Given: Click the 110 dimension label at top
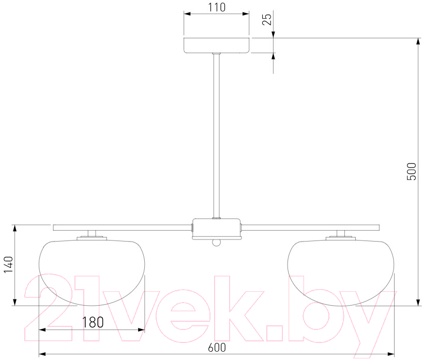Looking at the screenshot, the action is click(217, 7).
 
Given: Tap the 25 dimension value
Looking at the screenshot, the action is click(267, 19).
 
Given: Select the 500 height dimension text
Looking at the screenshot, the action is click(411, 172).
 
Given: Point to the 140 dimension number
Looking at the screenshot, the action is click(8, 264).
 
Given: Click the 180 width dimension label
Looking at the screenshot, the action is click(93, 322).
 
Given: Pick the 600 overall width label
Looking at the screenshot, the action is click(217, 348).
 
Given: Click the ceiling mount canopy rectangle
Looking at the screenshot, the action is click(217, 45).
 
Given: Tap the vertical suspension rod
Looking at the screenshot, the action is click(216, 136).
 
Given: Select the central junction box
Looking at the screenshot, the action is click(216, 229).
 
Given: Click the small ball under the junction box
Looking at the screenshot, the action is click(216, 243).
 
